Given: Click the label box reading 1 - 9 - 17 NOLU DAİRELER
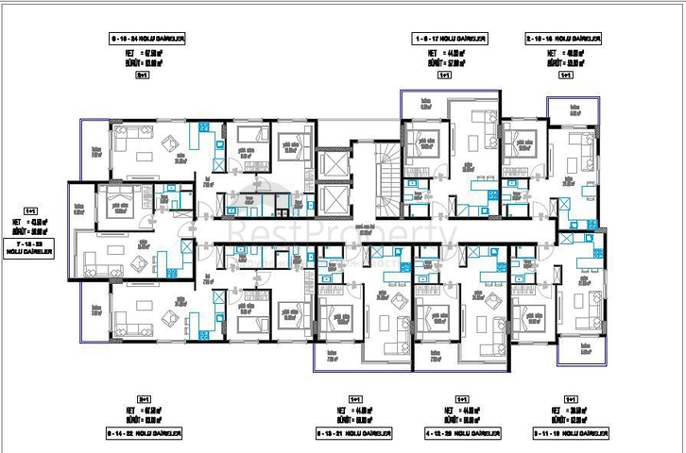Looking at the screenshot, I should (x=449, y=38).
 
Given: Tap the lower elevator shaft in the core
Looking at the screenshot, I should (x=334, y=198).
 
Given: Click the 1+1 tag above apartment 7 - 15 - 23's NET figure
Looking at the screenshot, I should (x=31, y=211).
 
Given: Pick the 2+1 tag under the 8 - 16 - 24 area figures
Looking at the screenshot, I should (x=144, y=73).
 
